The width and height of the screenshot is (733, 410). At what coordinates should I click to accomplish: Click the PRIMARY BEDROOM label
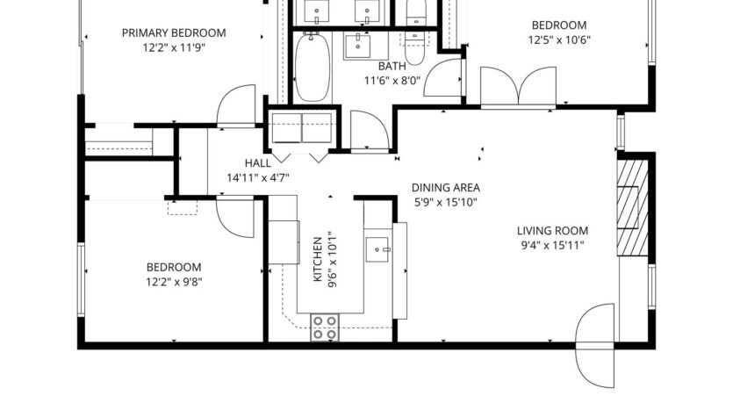(173, 33)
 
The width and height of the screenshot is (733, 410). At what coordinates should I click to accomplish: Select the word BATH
(392, 66)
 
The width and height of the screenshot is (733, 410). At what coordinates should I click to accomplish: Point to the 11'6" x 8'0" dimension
(392, 80)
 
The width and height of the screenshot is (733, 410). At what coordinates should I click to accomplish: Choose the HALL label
(258, 163)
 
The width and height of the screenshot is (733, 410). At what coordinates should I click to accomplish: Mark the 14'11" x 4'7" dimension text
(258, 177)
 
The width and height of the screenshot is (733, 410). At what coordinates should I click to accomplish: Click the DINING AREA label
(444, 188)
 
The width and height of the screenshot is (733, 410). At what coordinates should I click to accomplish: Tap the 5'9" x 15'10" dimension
(444, 202)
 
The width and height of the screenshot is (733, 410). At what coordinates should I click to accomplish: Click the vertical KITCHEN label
(319, 258)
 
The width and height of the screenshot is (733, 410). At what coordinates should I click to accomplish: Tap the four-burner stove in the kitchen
(325, 327)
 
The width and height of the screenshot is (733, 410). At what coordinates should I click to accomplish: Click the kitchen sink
(380, 247)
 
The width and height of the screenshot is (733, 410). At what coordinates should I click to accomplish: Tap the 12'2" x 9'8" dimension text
(173, 282)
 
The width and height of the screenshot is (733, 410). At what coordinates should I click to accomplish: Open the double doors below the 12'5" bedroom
(521, 90)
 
